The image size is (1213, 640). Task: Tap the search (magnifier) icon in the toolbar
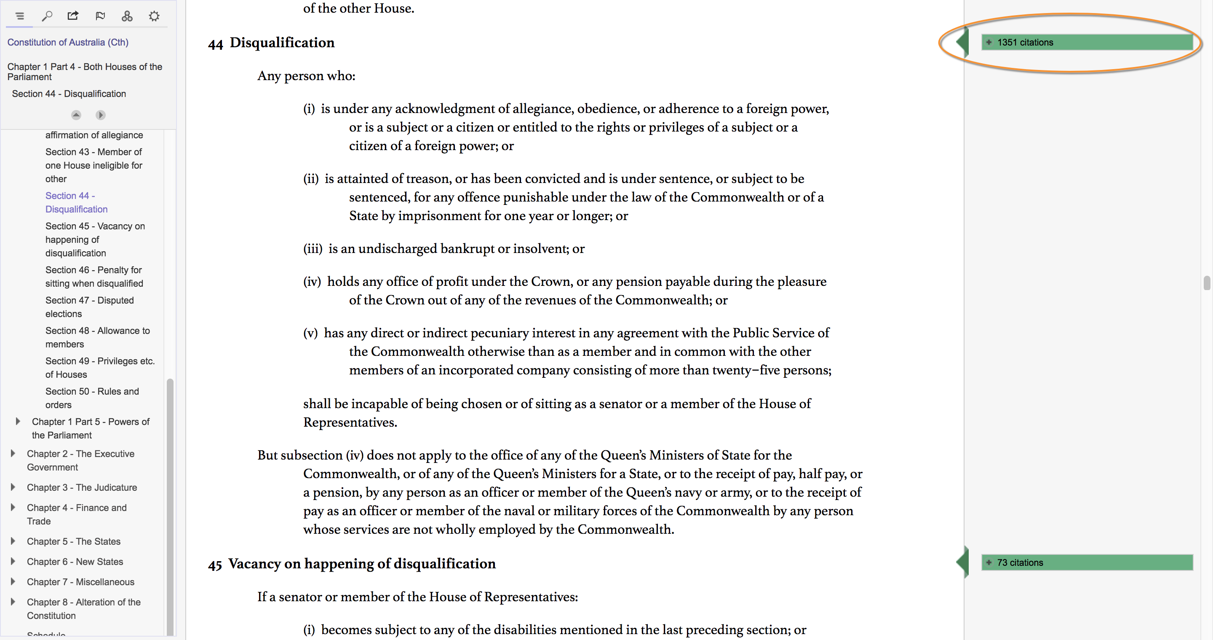[x=47, y=16]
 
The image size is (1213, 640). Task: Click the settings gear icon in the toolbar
[x=154, y=16]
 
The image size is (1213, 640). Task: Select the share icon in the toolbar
[x=73, y=16]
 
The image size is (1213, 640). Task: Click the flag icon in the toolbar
[x=100, y=16]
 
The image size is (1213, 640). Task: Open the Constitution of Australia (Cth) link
[x=68, y=43]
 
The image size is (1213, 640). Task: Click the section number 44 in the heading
[x=215, y=44]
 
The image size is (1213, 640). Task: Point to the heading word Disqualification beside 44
[x=282, y=43]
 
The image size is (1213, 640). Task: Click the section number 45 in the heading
[x=215, y=565]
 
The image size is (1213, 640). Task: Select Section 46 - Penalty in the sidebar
[x=94, y=277]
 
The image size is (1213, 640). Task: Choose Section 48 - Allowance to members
[x=97, y=337]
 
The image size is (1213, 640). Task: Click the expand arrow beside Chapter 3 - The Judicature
[x=13, y=487]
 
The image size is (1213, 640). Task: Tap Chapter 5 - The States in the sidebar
[x=73, y=541]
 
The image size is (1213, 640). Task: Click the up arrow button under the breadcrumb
[x=76, y=115]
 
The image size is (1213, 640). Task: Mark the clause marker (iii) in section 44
[x=313, y=249]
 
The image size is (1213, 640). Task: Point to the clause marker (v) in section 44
[x=310, y=333]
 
